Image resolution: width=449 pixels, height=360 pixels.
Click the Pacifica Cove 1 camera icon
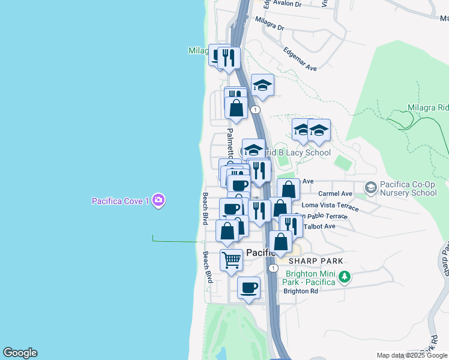tap(158, 200)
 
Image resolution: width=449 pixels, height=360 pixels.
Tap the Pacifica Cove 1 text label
tap(120, 201)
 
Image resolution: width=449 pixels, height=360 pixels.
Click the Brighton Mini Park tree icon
tap(344, 277)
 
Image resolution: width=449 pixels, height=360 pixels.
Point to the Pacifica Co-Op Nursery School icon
tap(370, 188)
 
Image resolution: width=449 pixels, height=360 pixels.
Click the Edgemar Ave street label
tap(300, 59)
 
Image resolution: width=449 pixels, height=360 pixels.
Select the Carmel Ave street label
tap(335, 194)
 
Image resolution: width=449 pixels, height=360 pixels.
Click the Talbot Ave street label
tap(319, 226)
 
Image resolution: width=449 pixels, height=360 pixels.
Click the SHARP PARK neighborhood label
tap(315, 261)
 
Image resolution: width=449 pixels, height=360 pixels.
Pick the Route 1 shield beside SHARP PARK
tap(273, 268)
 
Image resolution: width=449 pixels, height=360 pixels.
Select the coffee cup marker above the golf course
tap(249, 288)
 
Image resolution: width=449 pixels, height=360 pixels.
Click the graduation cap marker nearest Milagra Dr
tap(262, 86)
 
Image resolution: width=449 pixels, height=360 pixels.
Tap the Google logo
tap(20, 353)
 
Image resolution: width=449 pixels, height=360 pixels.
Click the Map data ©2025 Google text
tap(411, 355)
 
